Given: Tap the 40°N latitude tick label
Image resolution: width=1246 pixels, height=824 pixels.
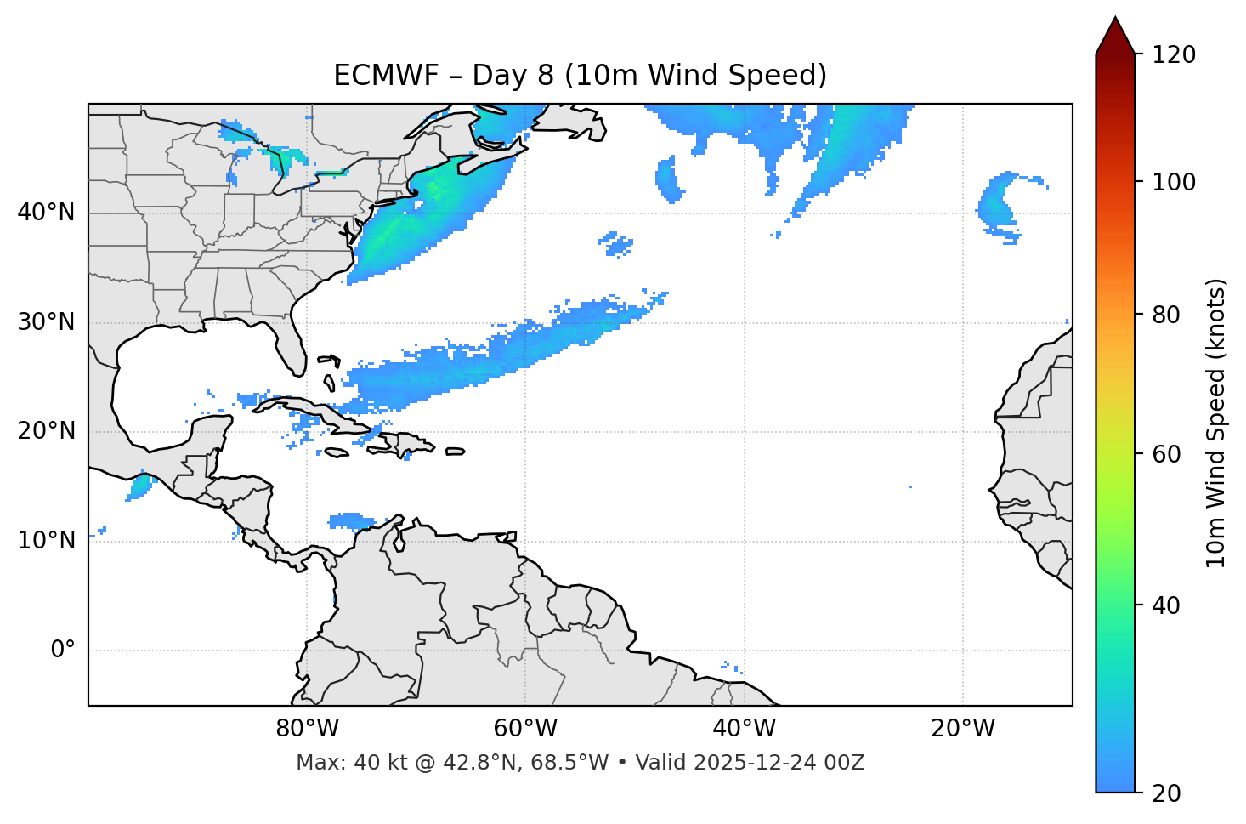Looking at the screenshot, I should tap(46, 213).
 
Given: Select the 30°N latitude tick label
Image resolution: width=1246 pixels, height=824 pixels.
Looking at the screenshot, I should tap(46, 322).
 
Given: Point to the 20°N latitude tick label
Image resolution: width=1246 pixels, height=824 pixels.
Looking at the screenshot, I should tap(46, 431).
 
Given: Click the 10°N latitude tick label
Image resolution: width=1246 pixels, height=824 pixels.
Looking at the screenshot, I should tap(46, 541).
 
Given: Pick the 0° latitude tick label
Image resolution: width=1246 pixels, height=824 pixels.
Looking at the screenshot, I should tap(63, 651).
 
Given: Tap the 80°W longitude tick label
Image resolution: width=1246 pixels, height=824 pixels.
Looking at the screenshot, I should tap(307, 729).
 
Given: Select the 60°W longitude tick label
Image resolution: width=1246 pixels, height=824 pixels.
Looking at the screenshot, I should tap(525, 729).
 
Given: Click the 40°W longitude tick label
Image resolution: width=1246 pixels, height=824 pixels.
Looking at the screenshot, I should tap(744, 729).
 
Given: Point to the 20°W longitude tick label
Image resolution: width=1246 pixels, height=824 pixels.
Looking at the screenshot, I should tap(963, 729).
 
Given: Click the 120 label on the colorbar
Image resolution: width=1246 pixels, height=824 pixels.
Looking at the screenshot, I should tap(1174, 55).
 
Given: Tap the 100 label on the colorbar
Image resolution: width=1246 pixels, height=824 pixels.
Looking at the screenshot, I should tap(1174, 182).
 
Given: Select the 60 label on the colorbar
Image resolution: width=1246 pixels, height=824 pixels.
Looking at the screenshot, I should tap(1167, 454).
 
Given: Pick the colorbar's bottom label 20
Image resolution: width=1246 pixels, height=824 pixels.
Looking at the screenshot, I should tap(1167, 793).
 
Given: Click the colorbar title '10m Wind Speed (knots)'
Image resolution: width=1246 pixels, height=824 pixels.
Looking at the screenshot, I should tap(1216, 423).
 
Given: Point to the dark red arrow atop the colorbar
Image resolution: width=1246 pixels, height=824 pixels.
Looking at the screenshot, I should tap(1115, 36).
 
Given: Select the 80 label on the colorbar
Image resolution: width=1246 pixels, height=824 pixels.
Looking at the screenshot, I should tap(1167, 315).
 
